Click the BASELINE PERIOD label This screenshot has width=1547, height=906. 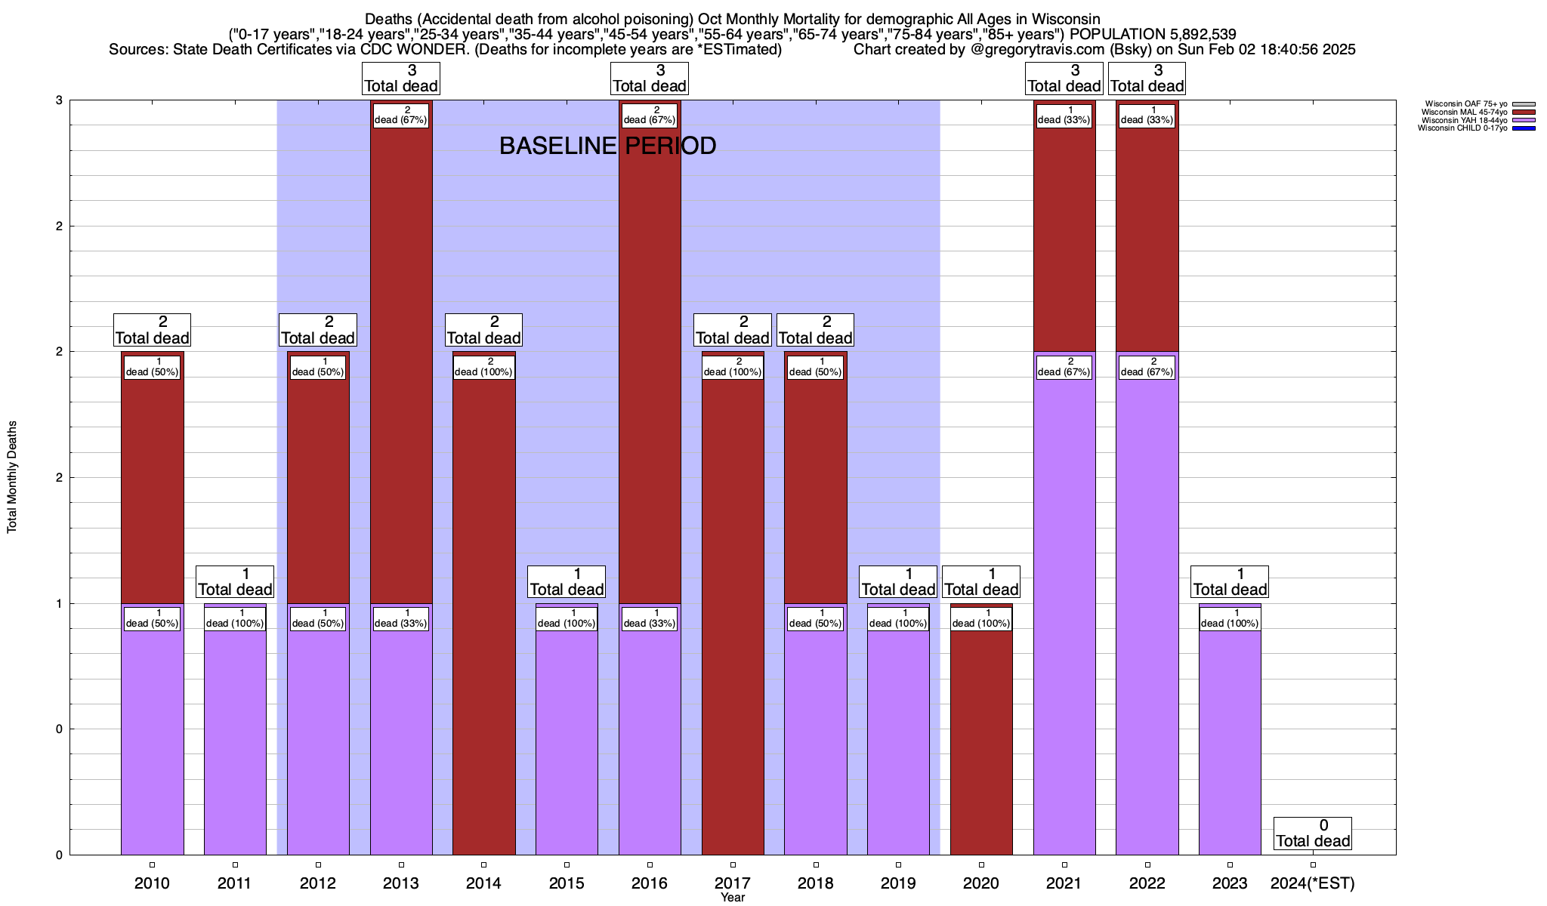(x=607, y=146)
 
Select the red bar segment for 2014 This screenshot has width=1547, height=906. (x=483, y=604)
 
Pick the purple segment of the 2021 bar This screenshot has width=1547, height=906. (x=1064, y=604)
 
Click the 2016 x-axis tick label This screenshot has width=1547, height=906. (x=650, y=883)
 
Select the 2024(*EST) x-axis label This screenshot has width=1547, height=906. (x=1313, y=883)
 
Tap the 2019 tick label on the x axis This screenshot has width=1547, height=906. (x=898, y=883)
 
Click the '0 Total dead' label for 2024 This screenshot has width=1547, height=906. (x=1313, y=834)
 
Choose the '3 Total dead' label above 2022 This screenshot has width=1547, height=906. (x=1147, y=79)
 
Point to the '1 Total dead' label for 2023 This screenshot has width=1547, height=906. (x=1230, y=582)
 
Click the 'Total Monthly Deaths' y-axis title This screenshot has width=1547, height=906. (x=12, y=477)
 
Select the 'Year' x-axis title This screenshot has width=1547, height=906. (x=733, y=898)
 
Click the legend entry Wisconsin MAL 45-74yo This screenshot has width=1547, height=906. (x=1465, y=112)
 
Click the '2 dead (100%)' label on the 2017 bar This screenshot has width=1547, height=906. (x=733, y=367)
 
